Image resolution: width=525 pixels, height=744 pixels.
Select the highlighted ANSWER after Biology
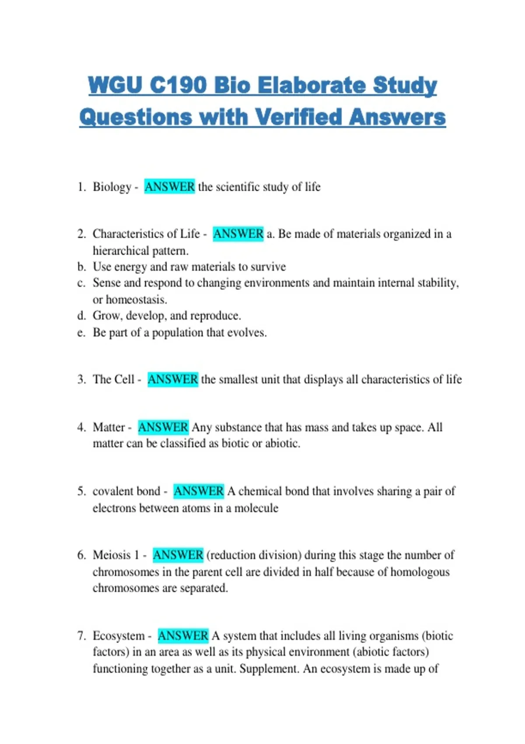click(x=169, y=187)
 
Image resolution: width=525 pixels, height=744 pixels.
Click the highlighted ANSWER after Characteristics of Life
click(x=238, y=234)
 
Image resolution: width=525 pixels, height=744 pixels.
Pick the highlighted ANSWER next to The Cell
click(x=172, y=379)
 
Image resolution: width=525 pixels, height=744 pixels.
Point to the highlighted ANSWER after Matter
click(x=163, y=427)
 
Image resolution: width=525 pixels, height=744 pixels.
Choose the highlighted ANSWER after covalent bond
click(x=199, y=491)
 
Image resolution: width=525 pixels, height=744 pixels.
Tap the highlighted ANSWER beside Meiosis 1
click(x=178, y=555)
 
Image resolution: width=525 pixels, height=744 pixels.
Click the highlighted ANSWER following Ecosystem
click(x=183, y=635)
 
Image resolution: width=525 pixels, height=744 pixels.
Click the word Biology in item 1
click(x=112, y=187)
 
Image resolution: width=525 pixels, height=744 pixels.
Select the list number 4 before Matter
click(x=81, y=427)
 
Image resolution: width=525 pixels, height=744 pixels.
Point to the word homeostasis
click(x=136, y=300)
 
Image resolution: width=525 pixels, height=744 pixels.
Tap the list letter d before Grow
click(x=81, y=316)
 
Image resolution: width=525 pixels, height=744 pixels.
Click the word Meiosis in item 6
click(x=112, y=555)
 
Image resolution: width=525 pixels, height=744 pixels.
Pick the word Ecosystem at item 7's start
click(x=119, y=635)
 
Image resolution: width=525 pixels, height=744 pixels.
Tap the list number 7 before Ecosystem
click(x=81, y=635)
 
